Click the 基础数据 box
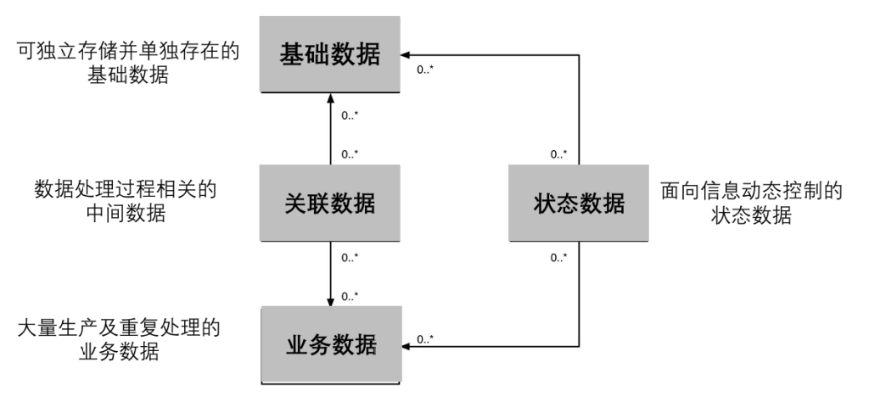pos(330,53)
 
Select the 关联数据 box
pos(330,204)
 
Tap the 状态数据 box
pos(579,204)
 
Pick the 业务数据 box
pos(330,345)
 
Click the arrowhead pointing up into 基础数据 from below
pos(330,98)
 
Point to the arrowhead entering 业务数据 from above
pos(330,303)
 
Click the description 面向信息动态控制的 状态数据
pos(750,204)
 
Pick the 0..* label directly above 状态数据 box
pos(558,154)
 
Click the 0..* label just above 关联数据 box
pos(350,154)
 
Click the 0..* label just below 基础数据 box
pos(350,114)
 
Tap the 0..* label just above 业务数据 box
pos(350,295)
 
